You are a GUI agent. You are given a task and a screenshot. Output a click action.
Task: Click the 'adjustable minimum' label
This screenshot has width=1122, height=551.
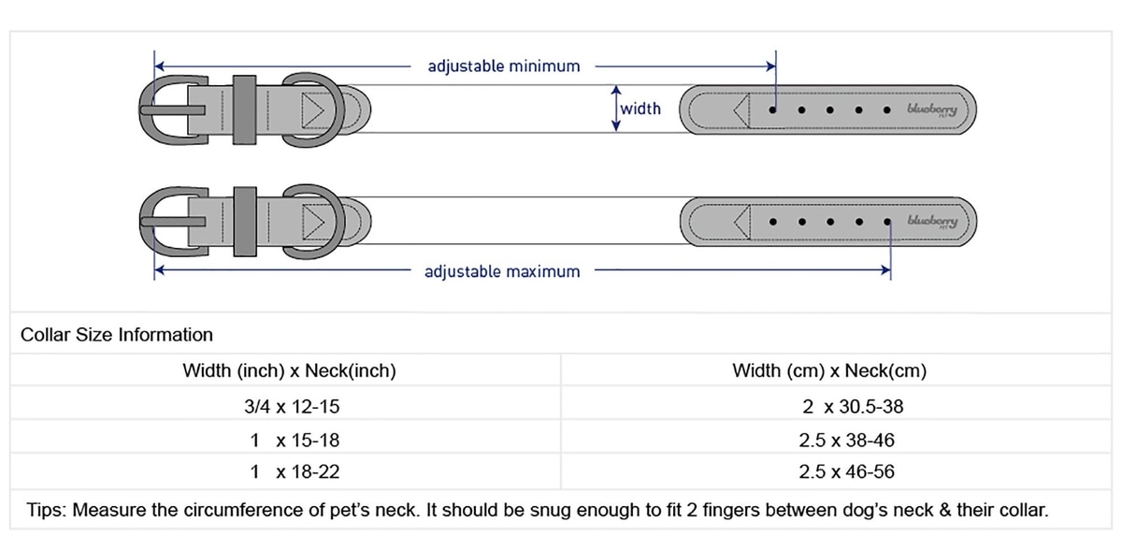pos(504,66)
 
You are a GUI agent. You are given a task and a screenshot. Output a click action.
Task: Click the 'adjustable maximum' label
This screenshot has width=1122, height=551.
pos(502,272)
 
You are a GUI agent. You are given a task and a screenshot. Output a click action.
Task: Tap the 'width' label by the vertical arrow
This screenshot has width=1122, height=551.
pos(641,109)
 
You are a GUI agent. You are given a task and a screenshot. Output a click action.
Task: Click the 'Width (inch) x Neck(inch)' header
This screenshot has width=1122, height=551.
pos(289,371)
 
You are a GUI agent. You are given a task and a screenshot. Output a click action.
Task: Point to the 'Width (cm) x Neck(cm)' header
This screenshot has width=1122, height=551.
pos(829,371)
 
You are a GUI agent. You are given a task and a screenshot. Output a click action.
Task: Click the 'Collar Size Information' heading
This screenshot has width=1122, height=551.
pos(117,335)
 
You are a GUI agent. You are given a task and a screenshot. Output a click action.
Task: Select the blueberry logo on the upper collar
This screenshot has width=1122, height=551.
pos(931,109)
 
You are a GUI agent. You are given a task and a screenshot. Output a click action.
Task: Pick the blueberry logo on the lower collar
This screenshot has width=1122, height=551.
pos(931,222)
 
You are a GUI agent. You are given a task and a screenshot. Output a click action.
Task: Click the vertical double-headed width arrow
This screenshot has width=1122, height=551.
pos(616,109)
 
